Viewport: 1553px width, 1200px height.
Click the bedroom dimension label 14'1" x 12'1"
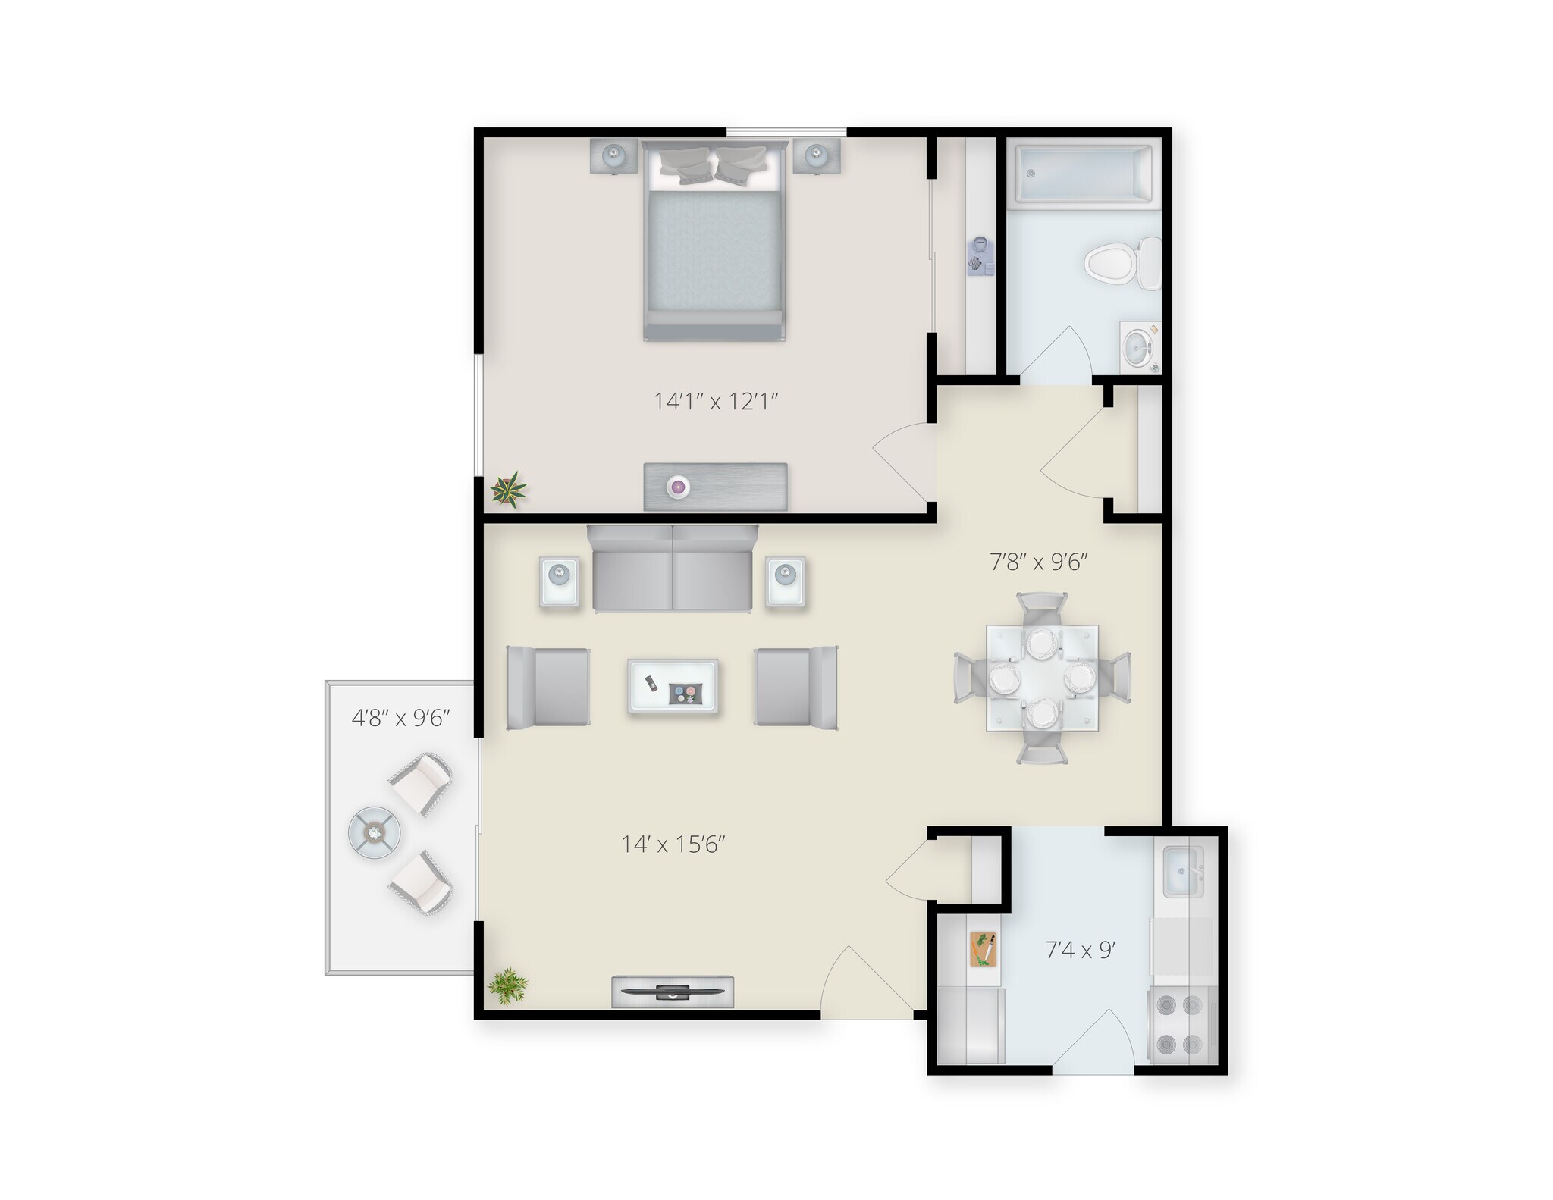[x=717, y=401]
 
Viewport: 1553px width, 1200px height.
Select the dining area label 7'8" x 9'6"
[x=1040, y=562]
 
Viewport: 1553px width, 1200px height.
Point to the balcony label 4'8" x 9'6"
[x=401, y=718]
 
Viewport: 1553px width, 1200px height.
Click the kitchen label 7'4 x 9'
[x=1081, y=950]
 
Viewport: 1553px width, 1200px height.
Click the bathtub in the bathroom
[x=1084, y=174]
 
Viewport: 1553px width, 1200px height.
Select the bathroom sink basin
[x=1137, y=349]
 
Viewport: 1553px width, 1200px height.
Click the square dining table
[x=1042, y=677]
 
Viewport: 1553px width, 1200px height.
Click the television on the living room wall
[x=673, y=992]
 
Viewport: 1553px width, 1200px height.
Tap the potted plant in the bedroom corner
[x=508, y=489]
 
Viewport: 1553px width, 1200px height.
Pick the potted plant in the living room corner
[x=507, y=986]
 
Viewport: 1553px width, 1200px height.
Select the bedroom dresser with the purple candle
[x=715, y=487]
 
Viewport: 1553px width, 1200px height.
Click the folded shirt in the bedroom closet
[x=980, y=254]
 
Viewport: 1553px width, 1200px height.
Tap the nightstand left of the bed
[x=613, y=157]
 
